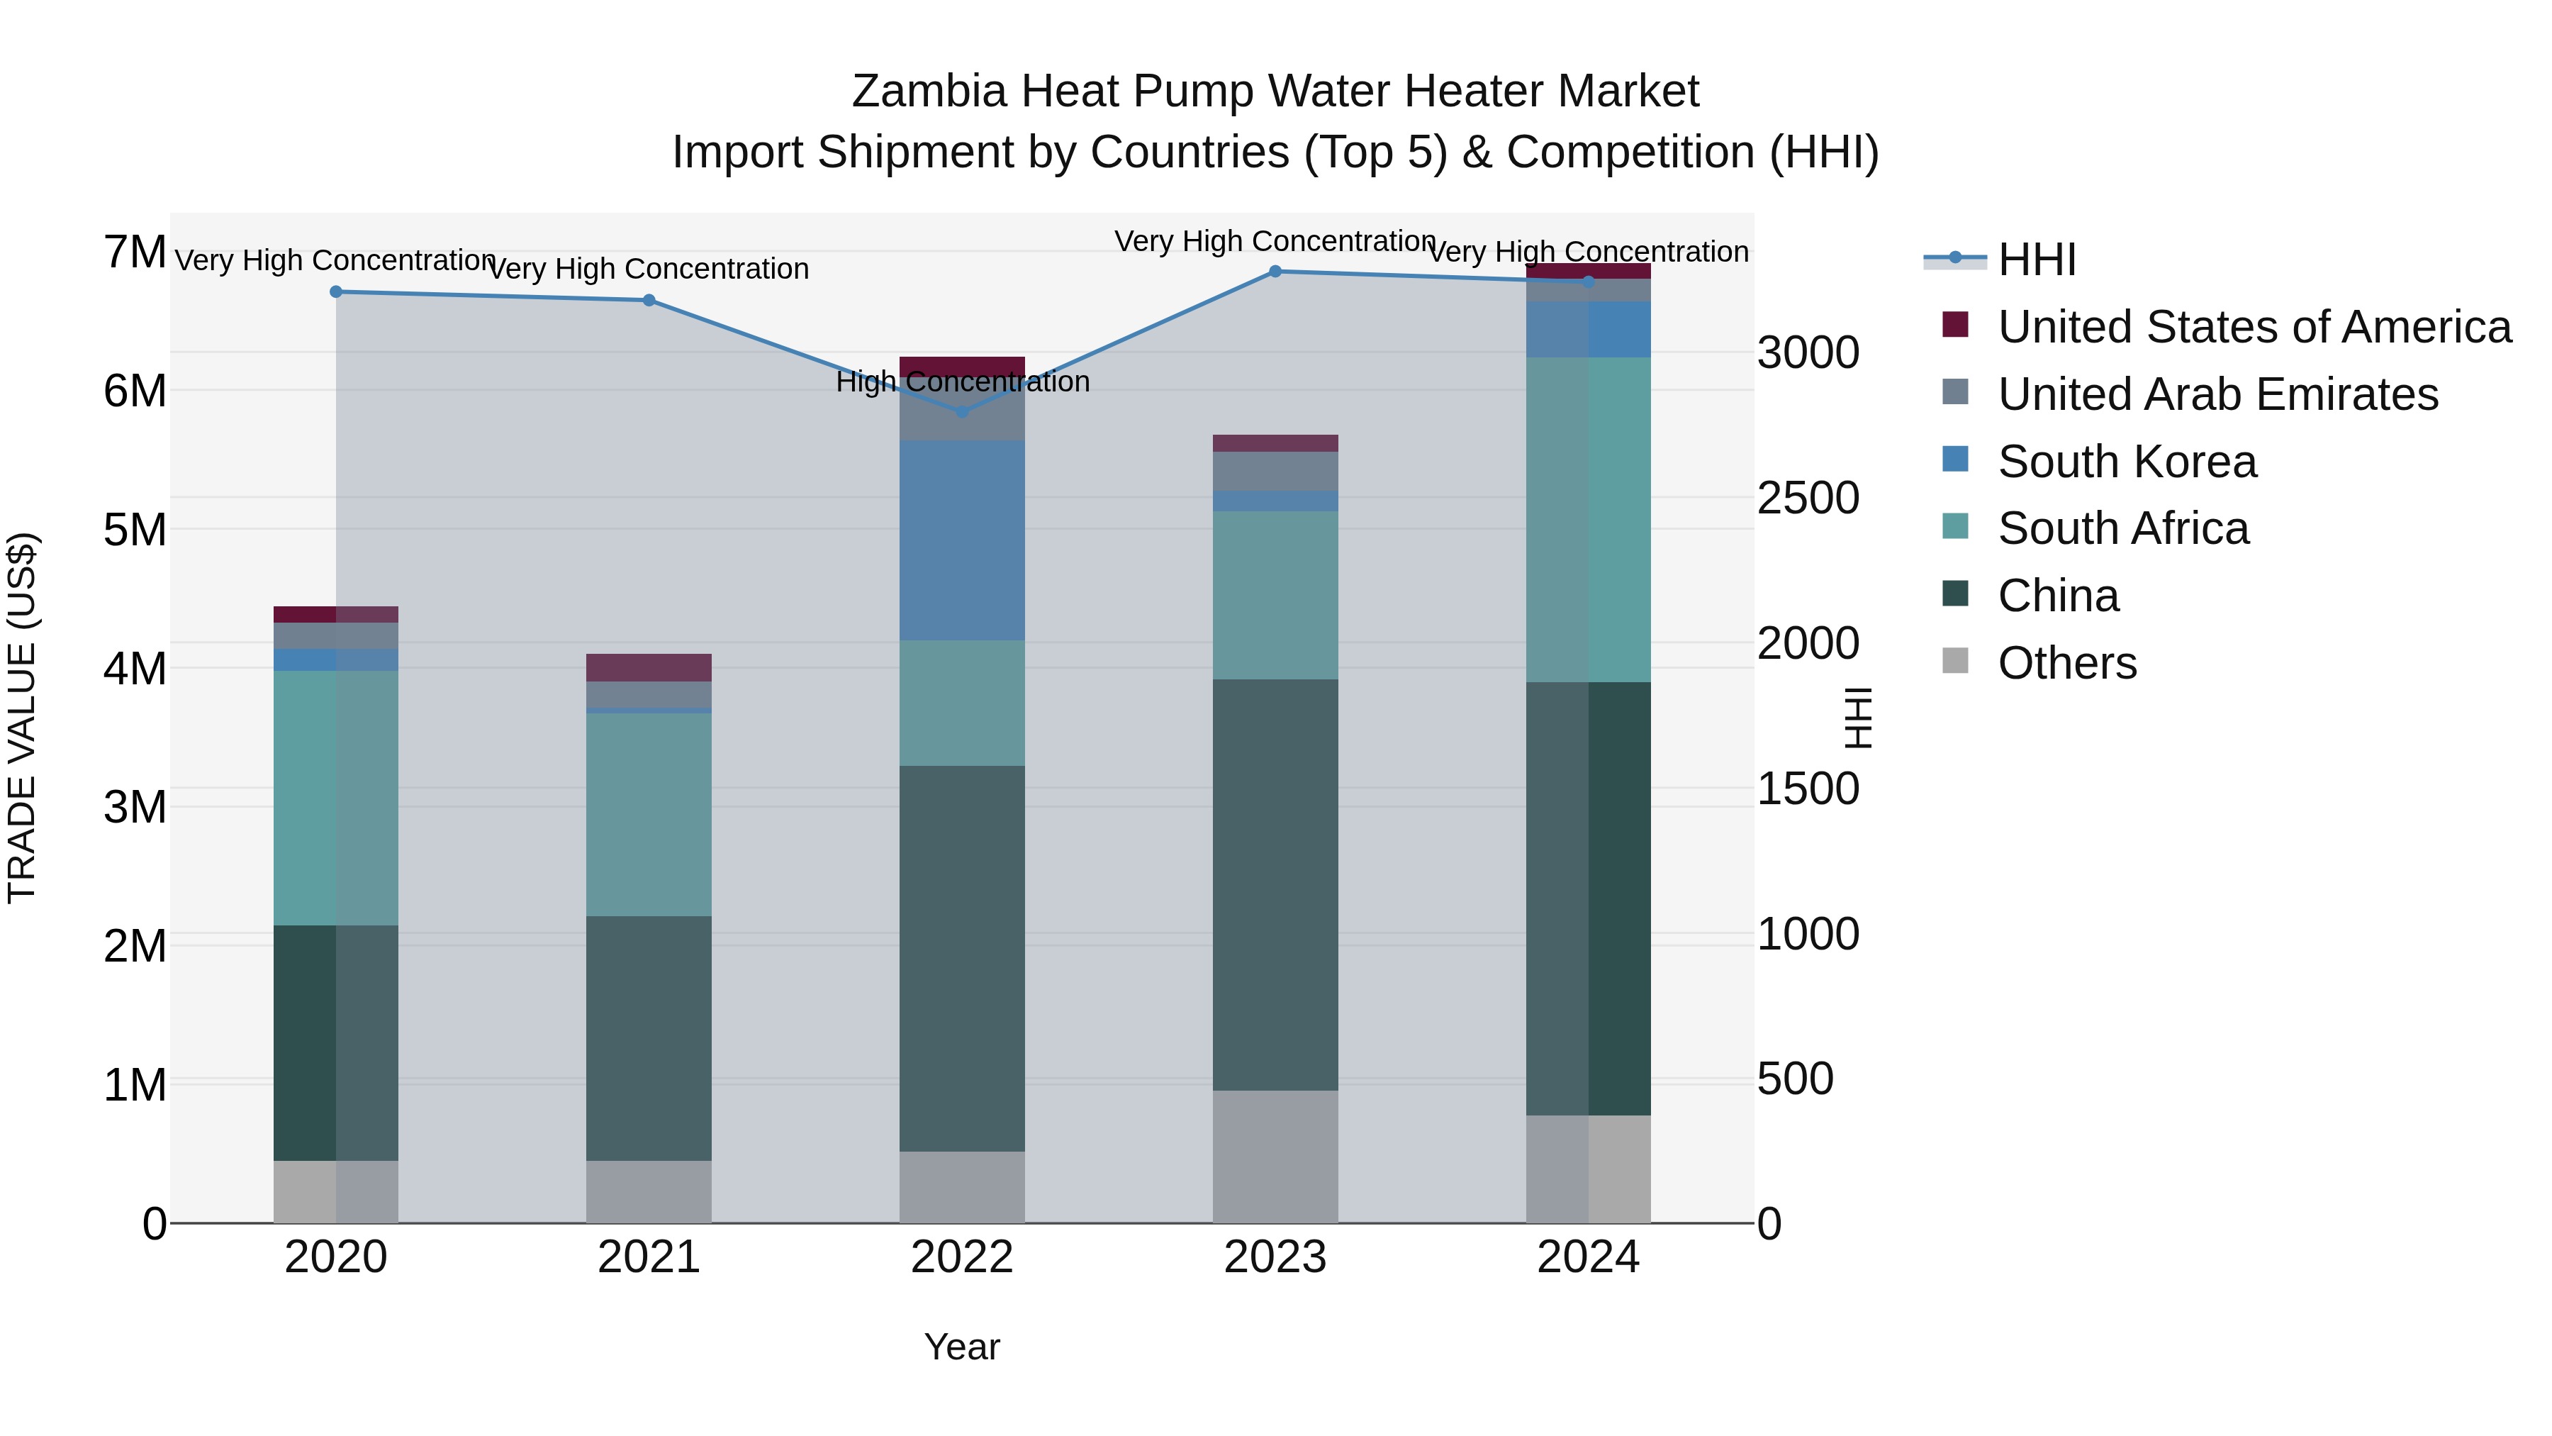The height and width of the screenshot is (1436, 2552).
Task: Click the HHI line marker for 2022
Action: [961, 411]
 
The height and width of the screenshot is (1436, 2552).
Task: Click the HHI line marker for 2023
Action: [1275, 272]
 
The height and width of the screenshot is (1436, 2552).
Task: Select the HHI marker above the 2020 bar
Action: [336, 291]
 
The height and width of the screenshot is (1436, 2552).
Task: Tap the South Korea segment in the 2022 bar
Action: [961, 540]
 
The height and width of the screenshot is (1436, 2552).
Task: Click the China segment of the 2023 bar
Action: [1275, 884]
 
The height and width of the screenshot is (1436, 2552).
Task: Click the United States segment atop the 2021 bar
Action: [648, 667]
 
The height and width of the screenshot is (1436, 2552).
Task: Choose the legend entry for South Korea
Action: [2126, 462]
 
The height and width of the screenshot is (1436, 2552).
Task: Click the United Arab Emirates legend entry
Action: [2217, 394]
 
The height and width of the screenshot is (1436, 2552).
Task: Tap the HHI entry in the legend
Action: [2036, 260]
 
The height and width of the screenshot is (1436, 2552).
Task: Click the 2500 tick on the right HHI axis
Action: [1807, 498]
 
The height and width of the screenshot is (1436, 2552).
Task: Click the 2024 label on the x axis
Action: [1587, 1257]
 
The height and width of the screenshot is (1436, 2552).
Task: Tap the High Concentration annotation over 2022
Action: [961, 382]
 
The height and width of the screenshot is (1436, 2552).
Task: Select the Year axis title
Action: [961, 1347]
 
